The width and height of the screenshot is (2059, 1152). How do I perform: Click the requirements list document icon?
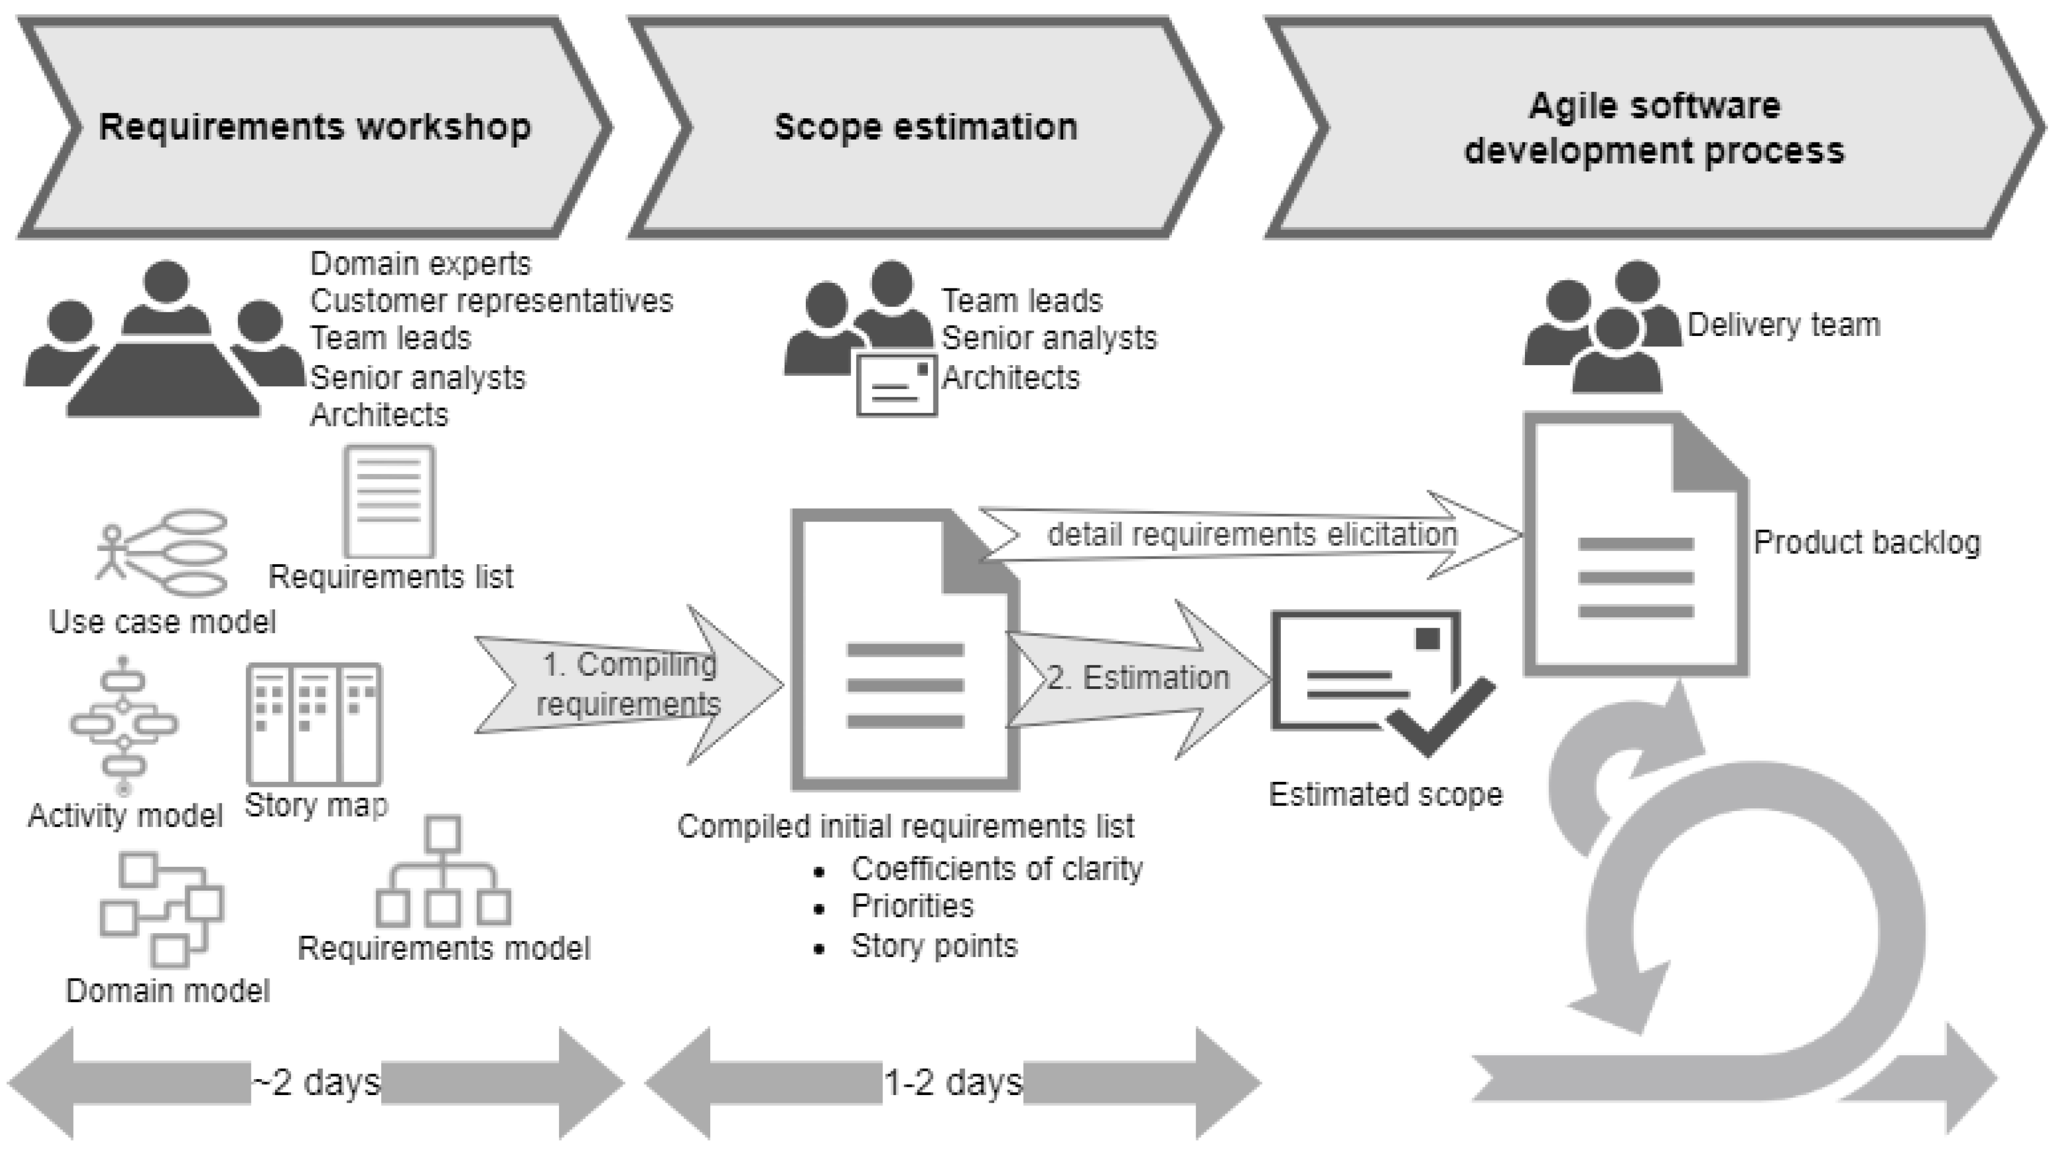(389, 501)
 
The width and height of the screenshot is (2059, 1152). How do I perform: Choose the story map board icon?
(314, 723)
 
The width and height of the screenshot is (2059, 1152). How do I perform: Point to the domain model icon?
(161, 909)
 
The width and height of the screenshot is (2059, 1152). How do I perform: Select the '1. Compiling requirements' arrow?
(630, 685)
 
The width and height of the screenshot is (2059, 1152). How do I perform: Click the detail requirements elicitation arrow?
(1251, 534)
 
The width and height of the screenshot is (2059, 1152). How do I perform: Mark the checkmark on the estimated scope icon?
(1441, 716)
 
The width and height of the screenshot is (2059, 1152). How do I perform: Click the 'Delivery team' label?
(1784, 324)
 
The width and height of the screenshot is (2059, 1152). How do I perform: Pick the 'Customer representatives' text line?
(492, 301)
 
